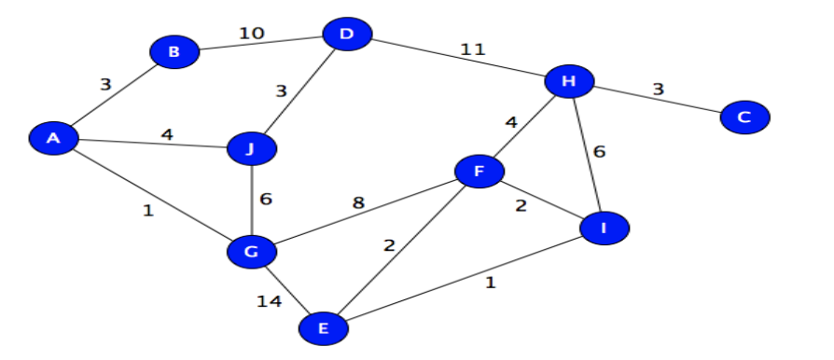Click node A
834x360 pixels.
[x=53, y=139]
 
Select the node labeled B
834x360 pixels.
[x=174, y=52]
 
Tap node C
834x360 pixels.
[x=744, y=117]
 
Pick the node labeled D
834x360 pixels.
[x=347, y=35]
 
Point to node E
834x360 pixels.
[x=324, y=327]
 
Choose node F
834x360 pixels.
[x=480, y=171]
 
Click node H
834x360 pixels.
[x=569, y=82]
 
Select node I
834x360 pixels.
[x=604, y=227]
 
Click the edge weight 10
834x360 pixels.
[x=252, y=34]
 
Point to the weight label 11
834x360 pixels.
[x=473, y=48]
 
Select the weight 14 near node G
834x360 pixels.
[x=271, y=300]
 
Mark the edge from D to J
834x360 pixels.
[x=299, y=91]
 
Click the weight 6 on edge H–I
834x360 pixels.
[x=599, y=152]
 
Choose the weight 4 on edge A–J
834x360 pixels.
[x=167, y=134]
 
